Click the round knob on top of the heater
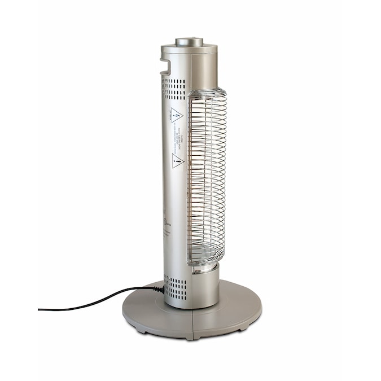tap(189, 41)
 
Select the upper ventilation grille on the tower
tap(174, 89)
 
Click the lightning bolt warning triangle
tap(177, 115)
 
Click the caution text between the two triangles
tap(179, 138)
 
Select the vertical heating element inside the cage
tap(208, 175)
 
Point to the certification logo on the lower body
tap(166, 222)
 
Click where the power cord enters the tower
tap(160, 289)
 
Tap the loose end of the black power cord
tap(40, 309)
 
